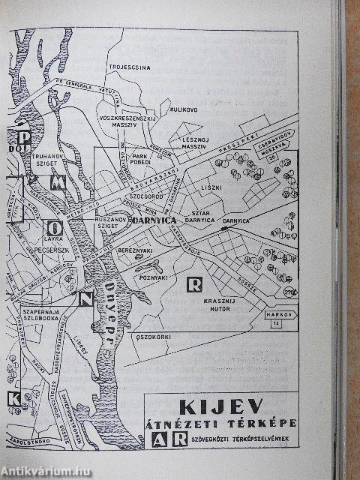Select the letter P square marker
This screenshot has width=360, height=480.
25,136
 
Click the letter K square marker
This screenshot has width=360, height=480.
13,397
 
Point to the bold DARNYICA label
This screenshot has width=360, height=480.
152,222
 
